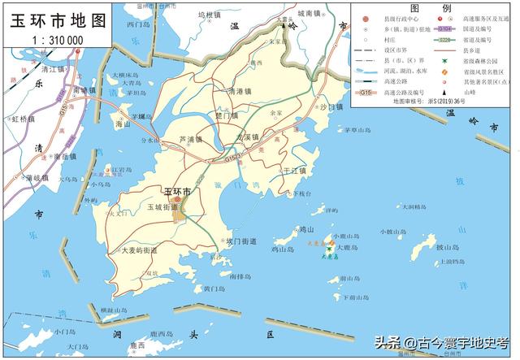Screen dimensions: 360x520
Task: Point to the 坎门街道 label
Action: pyautogui.click(x=240, y=241)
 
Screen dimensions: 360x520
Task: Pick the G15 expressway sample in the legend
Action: pyautogui.click(x=367, y=93)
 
